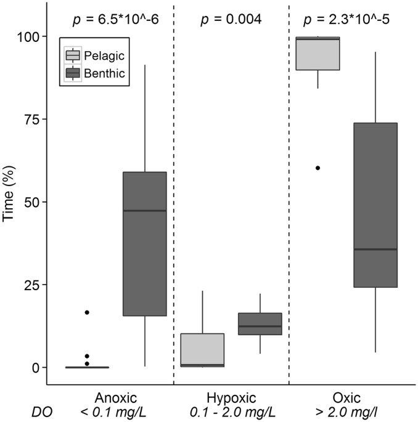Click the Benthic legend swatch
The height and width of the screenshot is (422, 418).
pos(73,73)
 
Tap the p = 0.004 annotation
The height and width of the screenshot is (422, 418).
pos(231,19)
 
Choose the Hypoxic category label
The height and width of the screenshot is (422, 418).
pos(231,397)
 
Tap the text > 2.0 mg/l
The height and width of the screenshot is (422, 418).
pos(346,411)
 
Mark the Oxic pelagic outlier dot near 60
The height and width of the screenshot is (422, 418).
pos(318,168)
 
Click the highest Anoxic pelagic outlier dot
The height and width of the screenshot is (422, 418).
pos(87,312)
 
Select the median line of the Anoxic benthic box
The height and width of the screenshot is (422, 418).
pos(145,211)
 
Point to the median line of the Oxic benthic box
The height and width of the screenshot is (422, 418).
pos(375,249)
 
